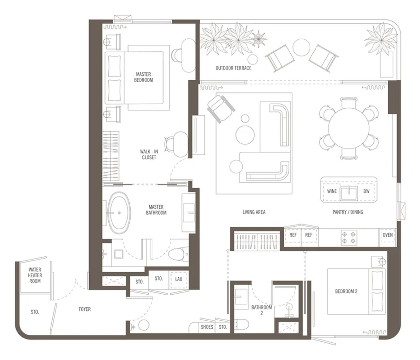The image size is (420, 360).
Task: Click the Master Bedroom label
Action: tap(144, 77)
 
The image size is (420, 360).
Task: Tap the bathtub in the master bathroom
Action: tap(119, 213)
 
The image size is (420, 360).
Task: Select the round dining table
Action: tap(349, 128)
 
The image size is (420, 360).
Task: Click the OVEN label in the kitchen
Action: tap(388, 235)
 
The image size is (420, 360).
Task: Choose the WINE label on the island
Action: tap(332, 191)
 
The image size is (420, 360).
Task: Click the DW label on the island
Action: tap(366, 191)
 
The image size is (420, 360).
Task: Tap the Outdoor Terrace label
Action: tap(234, 68)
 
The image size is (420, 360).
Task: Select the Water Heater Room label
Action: tap(35, 275)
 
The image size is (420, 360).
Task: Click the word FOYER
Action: tap(84, 309)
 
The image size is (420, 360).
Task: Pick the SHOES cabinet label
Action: tap(207, 327)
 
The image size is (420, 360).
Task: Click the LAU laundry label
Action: tap(179, 279)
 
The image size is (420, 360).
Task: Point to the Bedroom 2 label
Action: tap(346, 291)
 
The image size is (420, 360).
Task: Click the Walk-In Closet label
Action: tap(149, 155)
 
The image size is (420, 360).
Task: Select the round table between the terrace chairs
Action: tap(301, 48)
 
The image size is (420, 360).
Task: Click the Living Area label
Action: tap(254, 212)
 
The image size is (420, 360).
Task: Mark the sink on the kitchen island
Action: tap(349, 193)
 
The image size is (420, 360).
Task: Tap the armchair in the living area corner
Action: tap(221, 109)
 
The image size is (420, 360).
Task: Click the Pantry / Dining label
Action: tap(348, 212)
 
